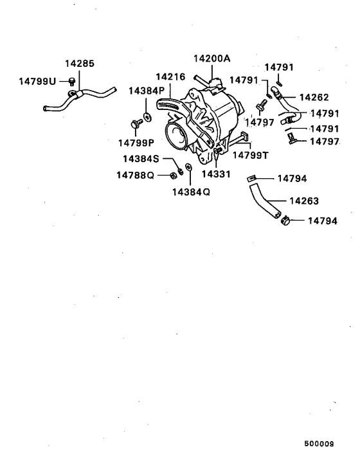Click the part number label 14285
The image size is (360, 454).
point(79,64)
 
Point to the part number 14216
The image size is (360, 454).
point(170,76)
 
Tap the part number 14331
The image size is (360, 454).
point(215,174)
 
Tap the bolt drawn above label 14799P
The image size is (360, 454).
point(136,122)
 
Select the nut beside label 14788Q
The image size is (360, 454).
point(174,174)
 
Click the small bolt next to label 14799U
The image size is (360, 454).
point(72,82)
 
